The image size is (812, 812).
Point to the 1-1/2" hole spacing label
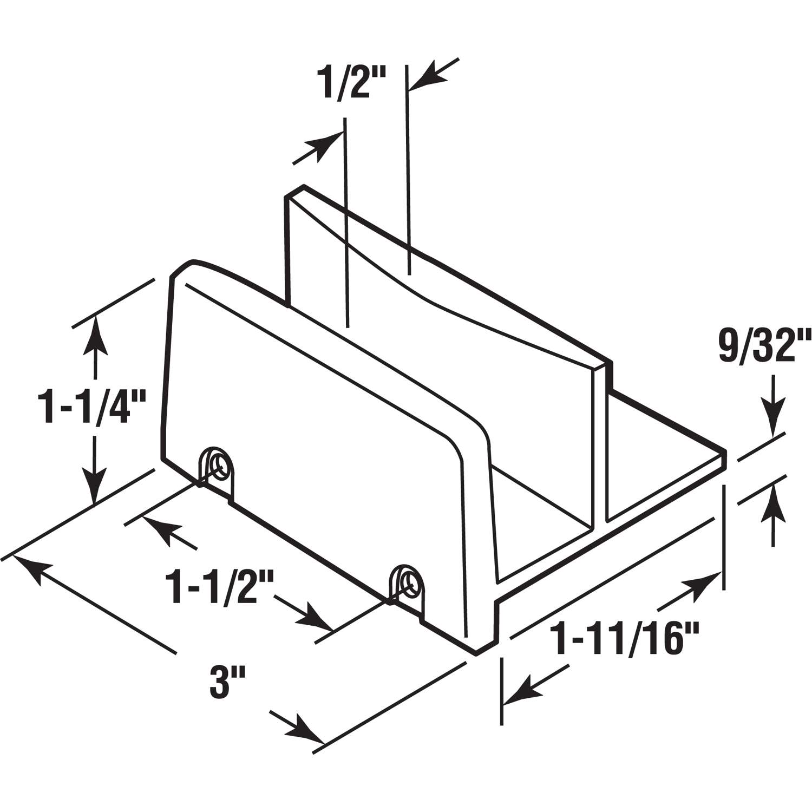coord(220,589)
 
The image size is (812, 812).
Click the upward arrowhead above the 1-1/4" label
coord(96,331)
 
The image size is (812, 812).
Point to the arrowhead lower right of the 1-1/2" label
coord(317,619)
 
